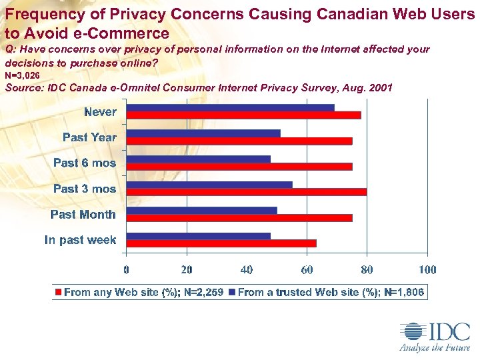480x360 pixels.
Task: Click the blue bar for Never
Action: point(230,108)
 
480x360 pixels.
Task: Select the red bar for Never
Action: point(243,115)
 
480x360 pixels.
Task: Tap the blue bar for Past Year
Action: point(203,133)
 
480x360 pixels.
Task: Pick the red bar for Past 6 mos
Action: point(239,166)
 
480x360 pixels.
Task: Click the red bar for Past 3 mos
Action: point(246,192)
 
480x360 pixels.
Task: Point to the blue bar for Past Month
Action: point(201,211)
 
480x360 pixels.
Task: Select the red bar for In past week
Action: point(221,243)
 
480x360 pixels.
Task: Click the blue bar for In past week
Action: point(198,235)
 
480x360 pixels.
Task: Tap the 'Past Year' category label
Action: point(89,137)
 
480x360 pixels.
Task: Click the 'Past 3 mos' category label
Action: point(85,189)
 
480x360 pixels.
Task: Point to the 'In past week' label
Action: point(81,240)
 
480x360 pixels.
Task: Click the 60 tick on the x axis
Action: point(307,270)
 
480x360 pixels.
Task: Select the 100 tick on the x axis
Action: point(427,270)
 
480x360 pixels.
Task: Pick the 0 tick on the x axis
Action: point(127,270)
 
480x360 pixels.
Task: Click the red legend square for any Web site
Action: point(59,292)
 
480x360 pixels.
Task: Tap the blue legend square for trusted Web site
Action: point(232,292)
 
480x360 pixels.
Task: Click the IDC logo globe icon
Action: point(411,332)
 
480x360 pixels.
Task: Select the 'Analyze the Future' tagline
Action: point(434,347)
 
